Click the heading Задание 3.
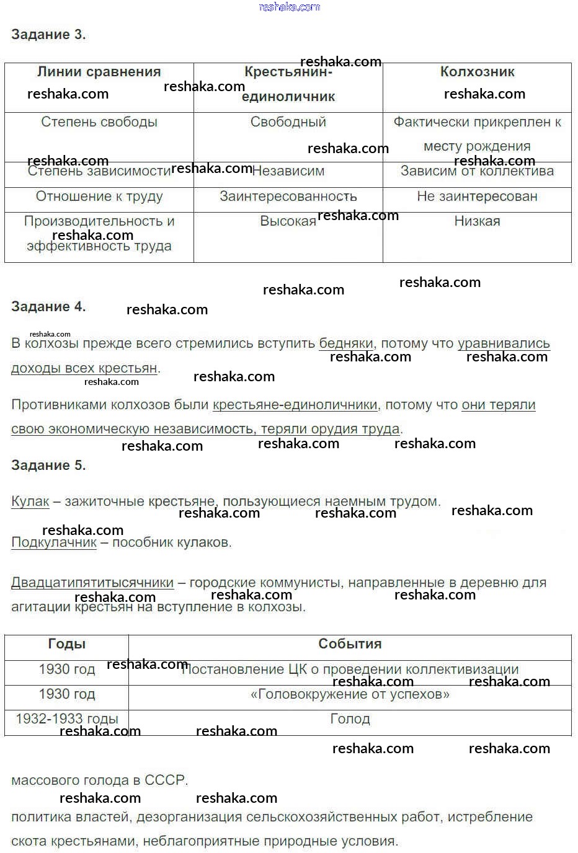(x=48, y=35)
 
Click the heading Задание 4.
(x=48, y=306)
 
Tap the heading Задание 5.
(x=48, y=465)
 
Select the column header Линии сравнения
(x=99, y=72)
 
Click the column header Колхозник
(x=477, y=72)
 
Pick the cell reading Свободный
(x=288, y=122)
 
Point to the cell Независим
(x=288, y=171)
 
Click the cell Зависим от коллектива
(x=477, y=171)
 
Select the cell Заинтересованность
(x=288, y=197)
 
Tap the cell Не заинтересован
(x=477, y=197)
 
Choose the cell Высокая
(x=288, y=221)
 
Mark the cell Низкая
(x=477, y=221)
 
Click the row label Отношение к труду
(x=99, y=197)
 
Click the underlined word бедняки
(x=346, y=343)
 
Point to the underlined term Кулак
(x=30, y=502)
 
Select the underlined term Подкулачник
(x=54, y=542)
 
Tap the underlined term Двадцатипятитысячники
(x=92, y=583)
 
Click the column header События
(x=350, y=644)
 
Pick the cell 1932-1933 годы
(x=67, y=719)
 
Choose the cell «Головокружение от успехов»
(x=350, y=694)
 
